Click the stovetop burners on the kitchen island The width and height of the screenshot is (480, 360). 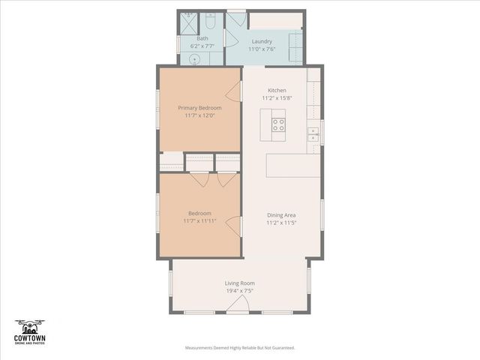pyautogui.click(x=277, y=124)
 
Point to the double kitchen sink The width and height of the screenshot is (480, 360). pyautogui.click(x=313, y=134)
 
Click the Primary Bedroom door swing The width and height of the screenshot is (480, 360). pyautogui.click(x=235, y=91)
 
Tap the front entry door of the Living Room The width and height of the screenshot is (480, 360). pyautogui.click(x=240, y=304)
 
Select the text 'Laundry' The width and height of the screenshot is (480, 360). pyautogui.click(x=262, y=41)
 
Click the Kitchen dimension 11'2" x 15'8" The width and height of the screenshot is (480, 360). pyautogui.click(x=277, y=98)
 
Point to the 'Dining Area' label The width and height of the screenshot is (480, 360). pyautogui.click(x=280, y=215)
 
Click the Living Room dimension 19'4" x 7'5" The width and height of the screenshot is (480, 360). pyautogui.click(x=240, y=290)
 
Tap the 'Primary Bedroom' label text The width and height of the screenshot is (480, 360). pyautogui.click(x=199, y=108)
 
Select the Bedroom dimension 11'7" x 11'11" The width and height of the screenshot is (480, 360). pyautogui.click(x=199, y=221)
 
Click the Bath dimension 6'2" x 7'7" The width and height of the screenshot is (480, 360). pyautogui.click(x=202, y=46)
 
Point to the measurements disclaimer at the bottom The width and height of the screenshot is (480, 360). pyautogui.click(x=240, y=348)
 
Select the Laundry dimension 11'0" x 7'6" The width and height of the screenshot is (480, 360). pyautogui.click(x=262, y=49)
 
